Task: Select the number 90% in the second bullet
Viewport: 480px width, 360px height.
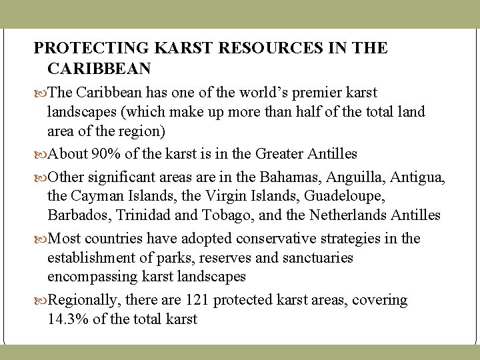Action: (x=107, y=154)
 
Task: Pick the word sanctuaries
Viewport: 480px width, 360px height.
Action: (x=318, y=257)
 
